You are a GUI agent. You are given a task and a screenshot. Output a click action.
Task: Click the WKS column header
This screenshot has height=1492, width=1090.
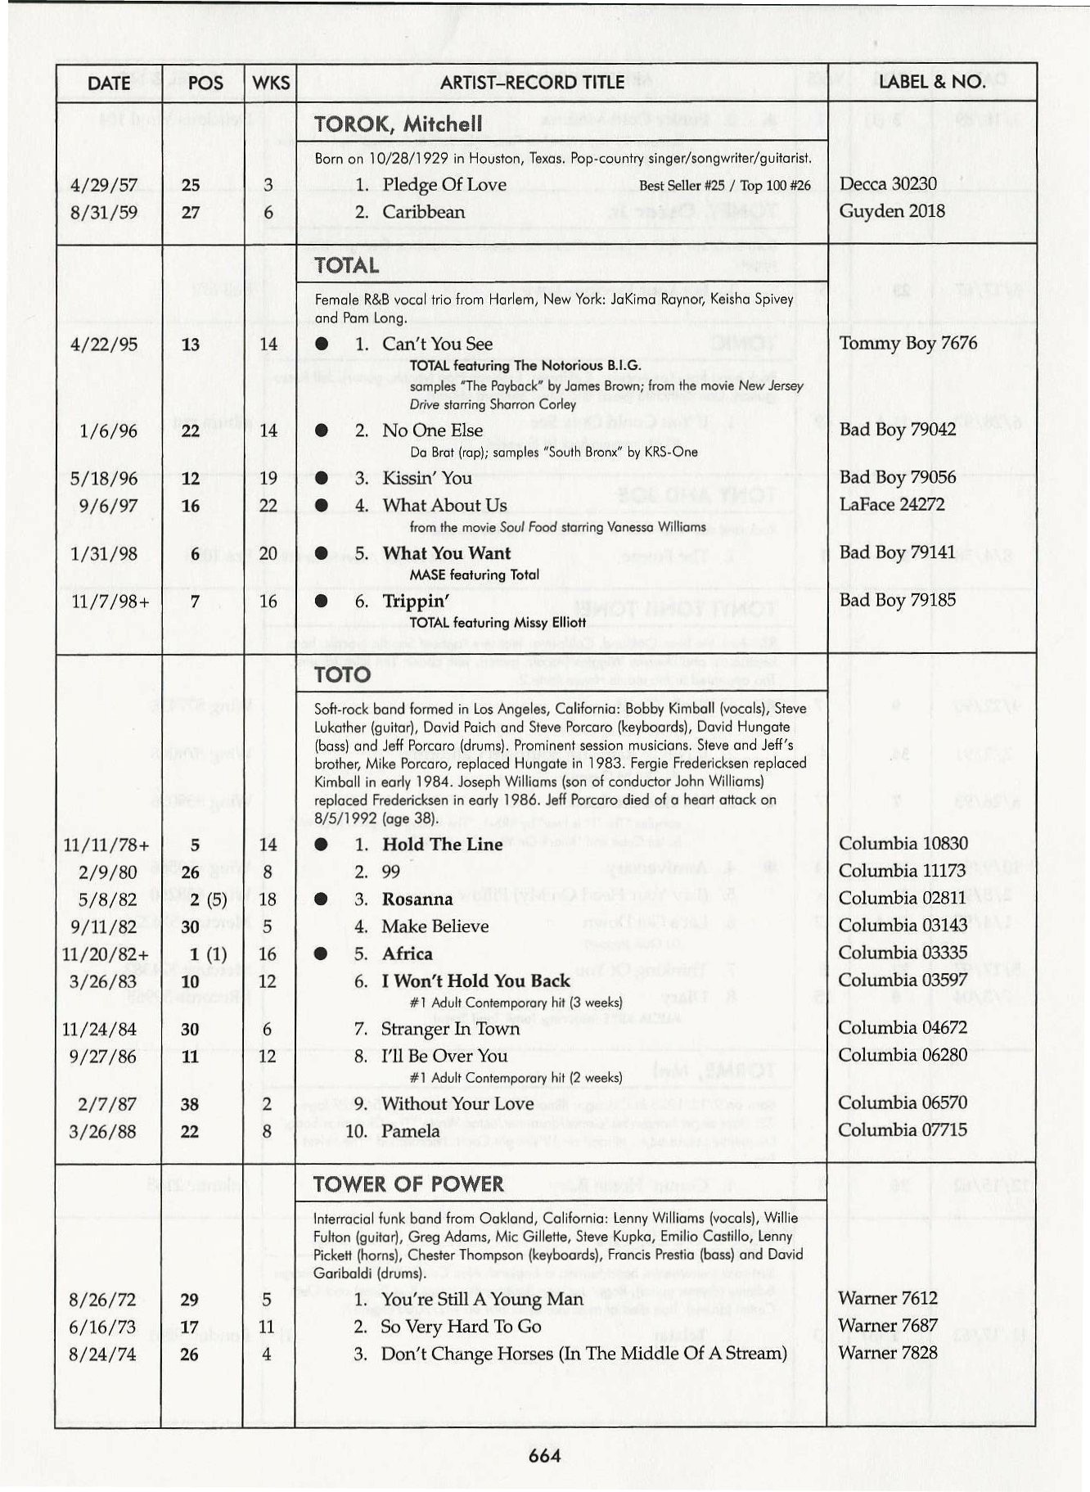(271, 83)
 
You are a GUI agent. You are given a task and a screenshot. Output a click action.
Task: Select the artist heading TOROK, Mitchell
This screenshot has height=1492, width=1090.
(398, 124)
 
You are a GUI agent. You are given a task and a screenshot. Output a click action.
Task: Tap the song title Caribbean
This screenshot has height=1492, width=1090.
(423, 212)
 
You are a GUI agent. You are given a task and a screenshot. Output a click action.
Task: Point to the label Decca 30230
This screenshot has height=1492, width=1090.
(888, 184)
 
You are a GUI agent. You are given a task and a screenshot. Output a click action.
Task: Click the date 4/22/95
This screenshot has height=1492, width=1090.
(104, 344)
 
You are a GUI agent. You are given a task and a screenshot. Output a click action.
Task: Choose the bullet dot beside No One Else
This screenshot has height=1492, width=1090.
(322, 430)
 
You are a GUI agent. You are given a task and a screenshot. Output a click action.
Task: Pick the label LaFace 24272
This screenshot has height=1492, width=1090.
(892, 504)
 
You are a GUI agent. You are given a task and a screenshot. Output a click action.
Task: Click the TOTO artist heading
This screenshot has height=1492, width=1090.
(342, 675)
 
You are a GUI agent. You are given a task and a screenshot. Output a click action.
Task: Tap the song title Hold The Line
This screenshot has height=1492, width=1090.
(442, 845)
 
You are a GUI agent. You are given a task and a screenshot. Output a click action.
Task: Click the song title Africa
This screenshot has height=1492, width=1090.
(407, 954)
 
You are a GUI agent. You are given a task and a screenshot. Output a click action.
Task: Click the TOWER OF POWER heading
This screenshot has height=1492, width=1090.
(408, 1184)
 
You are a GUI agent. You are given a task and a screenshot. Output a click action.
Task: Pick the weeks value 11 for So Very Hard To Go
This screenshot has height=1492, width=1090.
(267, 1326)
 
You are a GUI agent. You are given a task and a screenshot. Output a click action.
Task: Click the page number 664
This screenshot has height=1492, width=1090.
(545, 1454)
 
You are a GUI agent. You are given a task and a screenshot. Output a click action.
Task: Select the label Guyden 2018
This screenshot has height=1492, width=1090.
(892, 211)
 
